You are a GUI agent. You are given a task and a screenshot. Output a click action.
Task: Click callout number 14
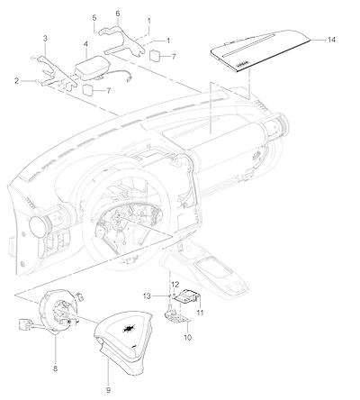tap(331, 40)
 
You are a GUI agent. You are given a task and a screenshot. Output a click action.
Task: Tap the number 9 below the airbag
tap(108, 390)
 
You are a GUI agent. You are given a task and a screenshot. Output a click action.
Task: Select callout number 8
tap(56, 368)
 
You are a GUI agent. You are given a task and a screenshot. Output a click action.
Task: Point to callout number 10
tap(187, 338)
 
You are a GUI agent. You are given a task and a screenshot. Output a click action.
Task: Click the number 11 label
tap(200, 313)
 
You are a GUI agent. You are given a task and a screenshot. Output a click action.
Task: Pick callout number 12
tap(175, 284)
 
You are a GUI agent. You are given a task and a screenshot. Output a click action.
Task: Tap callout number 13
tap(147, 296)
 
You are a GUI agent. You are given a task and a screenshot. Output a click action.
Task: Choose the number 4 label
tap(85, 44)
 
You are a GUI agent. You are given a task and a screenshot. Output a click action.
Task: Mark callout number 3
tap(45, 39)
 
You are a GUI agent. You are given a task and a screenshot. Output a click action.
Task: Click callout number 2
tap(16, 81)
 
